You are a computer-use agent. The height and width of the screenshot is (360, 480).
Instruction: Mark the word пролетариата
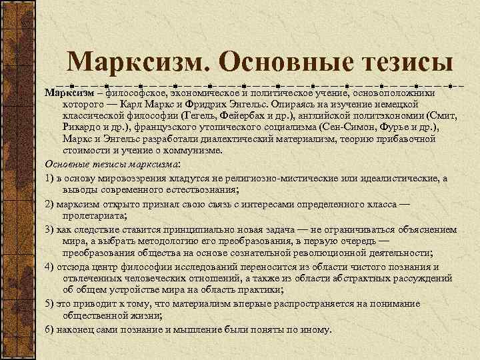tap(95, 216)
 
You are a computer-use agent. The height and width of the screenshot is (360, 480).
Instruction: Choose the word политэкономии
tap(384, 115)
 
